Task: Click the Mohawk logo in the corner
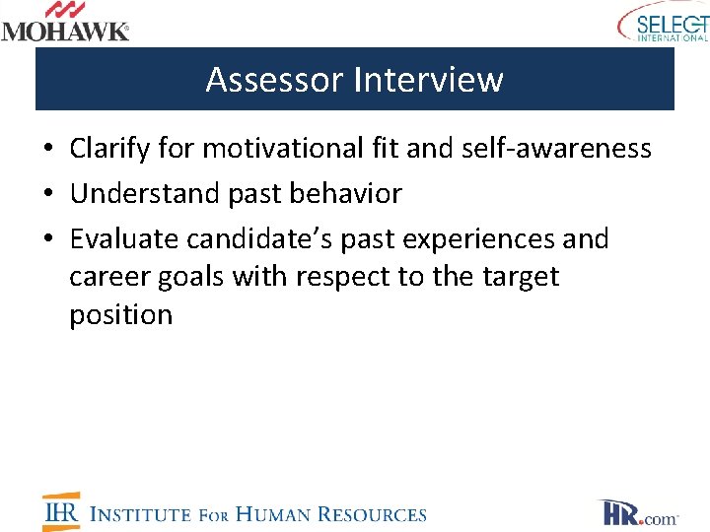point(65,22)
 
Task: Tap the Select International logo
point(663,23)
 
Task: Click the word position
point(120,315)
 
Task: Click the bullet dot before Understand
point(48,195)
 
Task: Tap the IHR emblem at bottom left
point(61,511)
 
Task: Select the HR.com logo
point(638,512)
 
